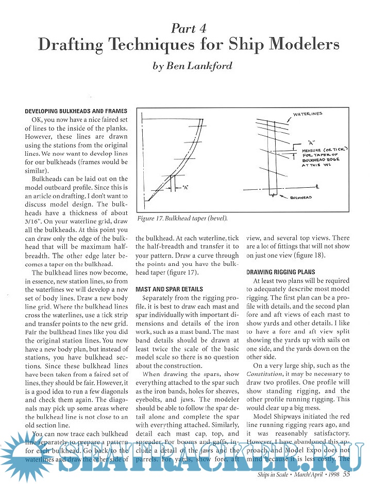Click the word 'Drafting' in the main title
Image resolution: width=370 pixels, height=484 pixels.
click(x=73, y=45)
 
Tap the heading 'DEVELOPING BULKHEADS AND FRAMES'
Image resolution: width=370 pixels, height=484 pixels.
click(x=76, y=111)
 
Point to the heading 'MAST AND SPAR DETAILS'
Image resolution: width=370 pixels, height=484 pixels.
click(x=169, y=289)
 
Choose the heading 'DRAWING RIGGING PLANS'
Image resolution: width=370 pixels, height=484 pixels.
click(x=282, y=272)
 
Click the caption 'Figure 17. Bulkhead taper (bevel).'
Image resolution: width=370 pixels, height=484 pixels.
click(x=182, y=218)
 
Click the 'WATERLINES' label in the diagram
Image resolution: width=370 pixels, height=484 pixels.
click(x=308, y=114)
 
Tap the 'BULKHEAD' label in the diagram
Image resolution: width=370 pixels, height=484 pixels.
click(x=301, y=197)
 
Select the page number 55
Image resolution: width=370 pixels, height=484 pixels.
click(x=347, y=475)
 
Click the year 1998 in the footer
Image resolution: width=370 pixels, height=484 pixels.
click(x=331, y=475)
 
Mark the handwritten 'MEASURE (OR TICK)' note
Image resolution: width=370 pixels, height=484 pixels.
click(x=325, y=149)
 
